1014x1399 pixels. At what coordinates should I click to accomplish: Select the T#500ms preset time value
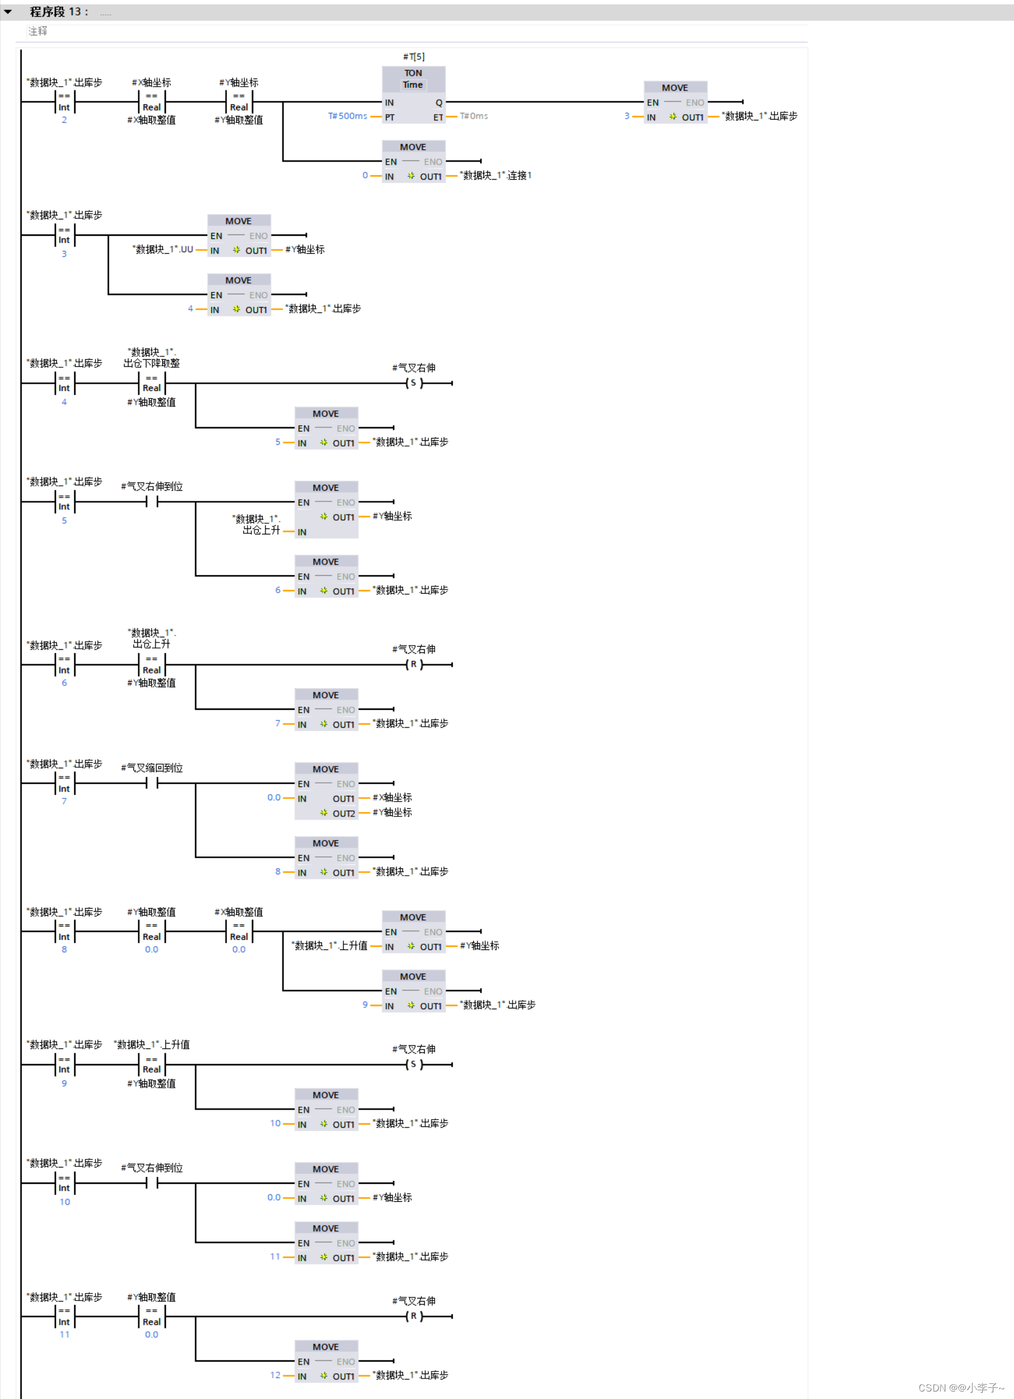tap(347, 117)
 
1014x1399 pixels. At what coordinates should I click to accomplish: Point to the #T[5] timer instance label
tap(413, 57)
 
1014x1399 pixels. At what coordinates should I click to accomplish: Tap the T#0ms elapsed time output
tap(474, 117)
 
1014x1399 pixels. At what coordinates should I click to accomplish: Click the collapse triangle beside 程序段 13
tap(8, 12)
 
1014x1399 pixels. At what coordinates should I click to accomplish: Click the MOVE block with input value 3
tap(675, 102)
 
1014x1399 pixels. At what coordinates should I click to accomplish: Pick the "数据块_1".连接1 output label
tap(496, 176)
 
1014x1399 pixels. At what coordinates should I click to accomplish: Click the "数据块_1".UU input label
tap(163, 250)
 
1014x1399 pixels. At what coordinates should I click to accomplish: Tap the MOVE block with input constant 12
tap(326, 1361)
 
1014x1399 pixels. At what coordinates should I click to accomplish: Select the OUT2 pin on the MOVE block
tap(343, 814)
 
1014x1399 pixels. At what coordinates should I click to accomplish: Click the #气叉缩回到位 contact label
tap(152, 768)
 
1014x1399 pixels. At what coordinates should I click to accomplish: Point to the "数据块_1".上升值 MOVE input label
tap(329, 946)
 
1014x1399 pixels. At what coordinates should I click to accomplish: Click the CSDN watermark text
tap(961, 1388)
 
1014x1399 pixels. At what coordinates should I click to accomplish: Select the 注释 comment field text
tap(37, 31)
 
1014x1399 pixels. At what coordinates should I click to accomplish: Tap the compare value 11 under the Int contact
tap(64, 1335)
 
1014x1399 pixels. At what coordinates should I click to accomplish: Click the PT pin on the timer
tap(390, 117)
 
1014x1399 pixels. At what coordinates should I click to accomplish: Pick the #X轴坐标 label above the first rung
tap(152, 83)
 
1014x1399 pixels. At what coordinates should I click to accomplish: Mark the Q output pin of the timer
tap(438, 103)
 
